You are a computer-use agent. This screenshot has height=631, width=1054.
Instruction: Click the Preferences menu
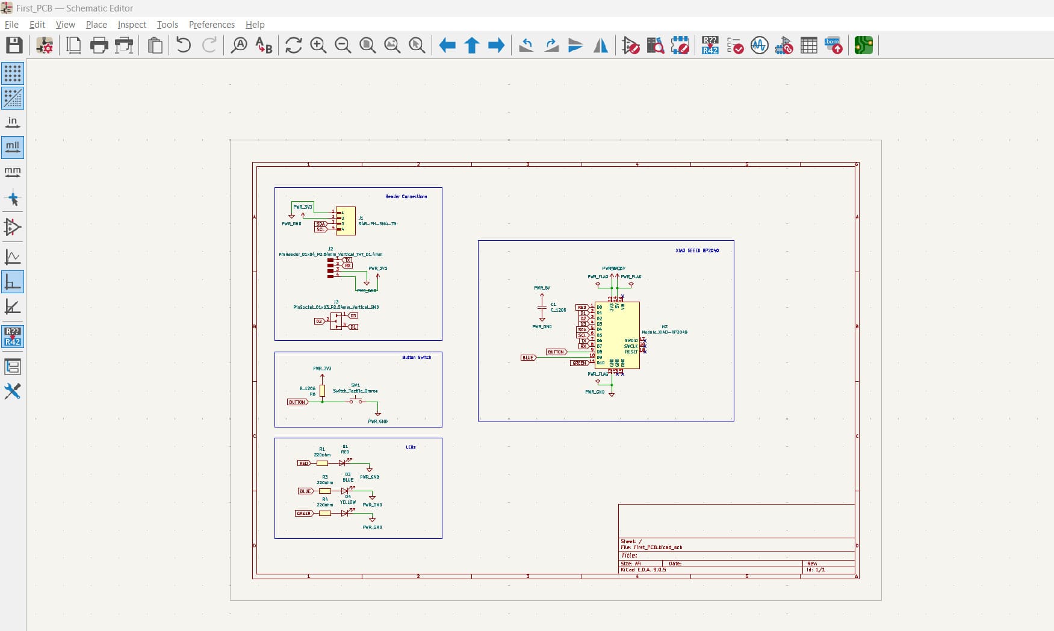tap(211, 25)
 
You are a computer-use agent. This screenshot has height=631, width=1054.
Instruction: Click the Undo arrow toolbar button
tap(184, 45)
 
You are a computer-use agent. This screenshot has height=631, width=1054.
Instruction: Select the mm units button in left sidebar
tap(13, 172)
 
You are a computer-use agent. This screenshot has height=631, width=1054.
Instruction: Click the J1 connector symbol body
tap(346, 221)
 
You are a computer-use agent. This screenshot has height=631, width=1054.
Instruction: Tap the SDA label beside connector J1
tap(320, 224)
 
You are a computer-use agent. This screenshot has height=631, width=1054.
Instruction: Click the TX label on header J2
tap(347, 260)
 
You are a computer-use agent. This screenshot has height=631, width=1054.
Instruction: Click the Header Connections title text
tap(406, 196)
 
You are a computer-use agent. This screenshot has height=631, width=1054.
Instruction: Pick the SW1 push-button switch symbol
tap(356, 399)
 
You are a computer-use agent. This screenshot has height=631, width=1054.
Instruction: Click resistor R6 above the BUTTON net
tap(323, 391)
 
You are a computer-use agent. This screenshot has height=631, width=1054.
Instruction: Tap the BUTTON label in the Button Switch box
tap(297, 402)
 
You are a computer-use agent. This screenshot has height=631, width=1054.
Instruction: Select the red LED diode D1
tap(343, 463)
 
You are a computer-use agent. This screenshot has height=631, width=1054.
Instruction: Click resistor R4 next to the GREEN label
tap(324, 513)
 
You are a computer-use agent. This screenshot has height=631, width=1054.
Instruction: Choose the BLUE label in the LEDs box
tap(305, 491)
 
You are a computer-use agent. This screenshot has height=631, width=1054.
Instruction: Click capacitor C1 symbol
tap(542, 308)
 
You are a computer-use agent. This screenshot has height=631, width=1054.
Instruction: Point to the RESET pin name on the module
tap(631, 352)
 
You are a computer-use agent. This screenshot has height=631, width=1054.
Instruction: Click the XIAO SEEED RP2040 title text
tap(696, 250)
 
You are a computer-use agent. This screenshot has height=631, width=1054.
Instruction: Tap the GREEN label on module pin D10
tap(578, 363)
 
